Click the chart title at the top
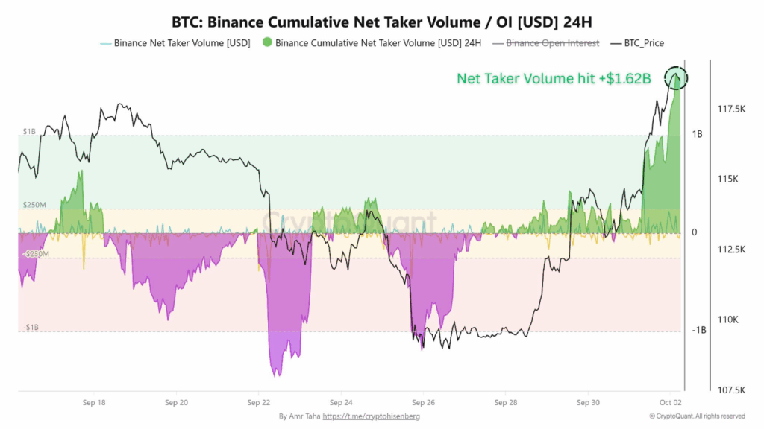tap(381, 20)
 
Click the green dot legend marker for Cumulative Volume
tap(266, 43)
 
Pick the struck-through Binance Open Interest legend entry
tap(553, 43)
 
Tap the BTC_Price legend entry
tap(639, 43)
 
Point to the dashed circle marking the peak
tap(675, 77)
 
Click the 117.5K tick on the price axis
tap(730, 109)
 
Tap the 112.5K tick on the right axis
tap(730, 250)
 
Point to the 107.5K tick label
tap(730, 390)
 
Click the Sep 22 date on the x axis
tap(259, 402)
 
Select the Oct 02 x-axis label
tap(670, 402)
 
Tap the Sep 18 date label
tap(95, 402)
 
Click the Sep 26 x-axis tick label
tap(423, 402)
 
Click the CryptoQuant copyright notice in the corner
tap(696, 416)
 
